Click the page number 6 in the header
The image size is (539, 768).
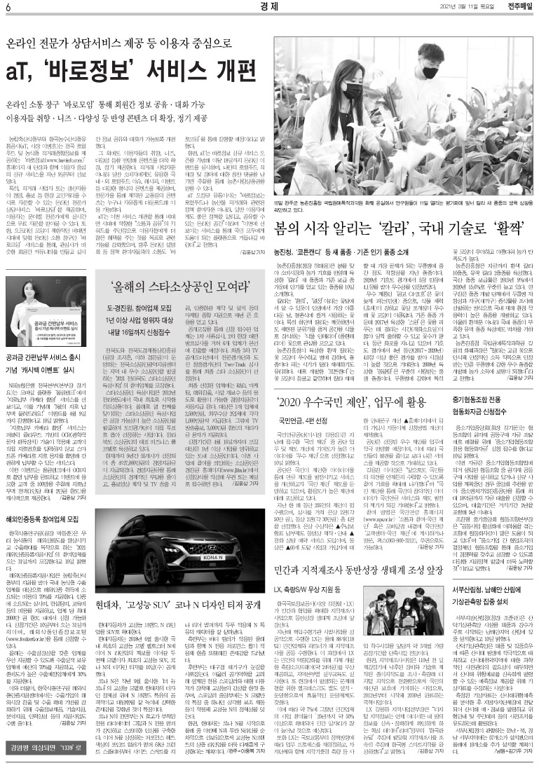click(x=8, y=8)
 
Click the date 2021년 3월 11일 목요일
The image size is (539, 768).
click(x=460, y=8)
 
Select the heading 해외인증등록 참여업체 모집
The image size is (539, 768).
click(x=46, y=480)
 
